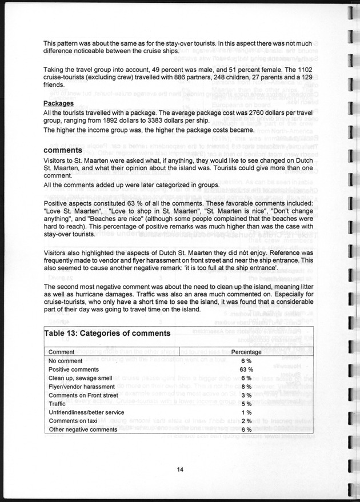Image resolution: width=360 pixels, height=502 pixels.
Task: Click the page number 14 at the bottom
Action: pos(179,469)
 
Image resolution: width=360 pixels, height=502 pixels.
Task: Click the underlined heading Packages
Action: pos(59,104)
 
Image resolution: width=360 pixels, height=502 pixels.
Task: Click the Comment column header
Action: pos(61,352)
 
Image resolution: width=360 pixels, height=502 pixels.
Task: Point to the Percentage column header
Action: pos(246,352)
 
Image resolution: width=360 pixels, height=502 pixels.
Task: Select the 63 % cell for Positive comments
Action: pos(246,370)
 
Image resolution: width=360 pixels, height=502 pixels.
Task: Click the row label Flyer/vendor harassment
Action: pos(83,387)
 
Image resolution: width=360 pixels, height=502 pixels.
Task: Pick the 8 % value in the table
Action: pos(246,387)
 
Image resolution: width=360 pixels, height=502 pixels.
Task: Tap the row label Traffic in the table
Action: pos(58,404)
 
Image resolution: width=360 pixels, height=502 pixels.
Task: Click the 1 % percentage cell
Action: pos(246,412)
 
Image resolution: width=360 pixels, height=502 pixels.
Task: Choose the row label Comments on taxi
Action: pos(74,421)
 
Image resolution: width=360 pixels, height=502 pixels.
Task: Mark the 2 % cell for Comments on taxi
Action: pos(246,421)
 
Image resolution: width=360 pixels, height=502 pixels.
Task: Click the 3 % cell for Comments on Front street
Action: pos(246,395)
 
